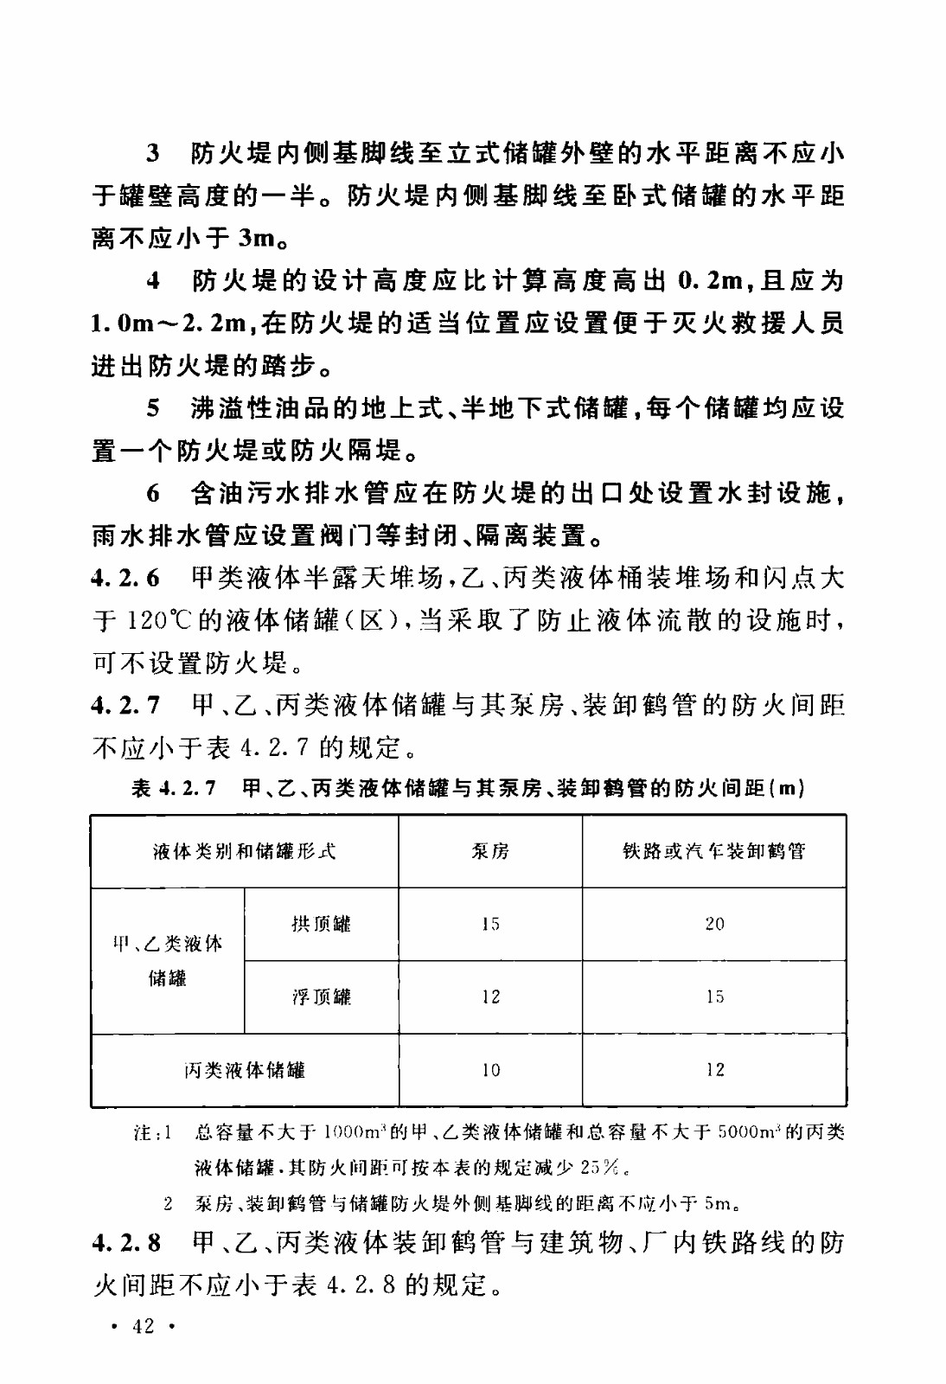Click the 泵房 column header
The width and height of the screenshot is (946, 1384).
[x=490, y=851]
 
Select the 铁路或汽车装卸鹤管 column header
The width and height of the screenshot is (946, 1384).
[x=713, y=851]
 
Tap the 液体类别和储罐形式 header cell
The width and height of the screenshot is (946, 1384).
[x=245, y=851]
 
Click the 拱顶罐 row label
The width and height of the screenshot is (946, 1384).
[x=322, y=924]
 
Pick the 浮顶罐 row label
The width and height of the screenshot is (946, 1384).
[x=322, y=996]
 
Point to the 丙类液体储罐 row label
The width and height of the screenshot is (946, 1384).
[x=245, y=1070]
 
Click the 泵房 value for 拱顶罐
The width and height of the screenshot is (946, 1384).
[x=491, y=924]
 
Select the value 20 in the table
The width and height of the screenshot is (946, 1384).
[x=714, y=924]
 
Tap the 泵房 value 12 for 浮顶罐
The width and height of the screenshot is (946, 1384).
[x=491, y=996]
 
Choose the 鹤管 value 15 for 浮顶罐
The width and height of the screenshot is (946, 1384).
[x=714, y=996]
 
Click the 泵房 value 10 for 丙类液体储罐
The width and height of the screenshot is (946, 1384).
[x=491, y=1070]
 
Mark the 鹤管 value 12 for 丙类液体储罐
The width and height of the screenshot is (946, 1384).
[x=714, y=1070]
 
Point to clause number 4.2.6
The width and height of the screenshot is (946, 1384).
[x=125, y=578]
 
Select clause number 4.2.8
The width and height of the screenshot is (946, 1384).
[x=125, y=1243]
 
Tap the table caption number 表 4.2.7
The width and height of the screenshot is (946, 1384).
[x=174, y=788]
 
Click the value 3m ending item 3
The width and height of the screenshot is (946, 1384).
[x=258, y=238]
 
